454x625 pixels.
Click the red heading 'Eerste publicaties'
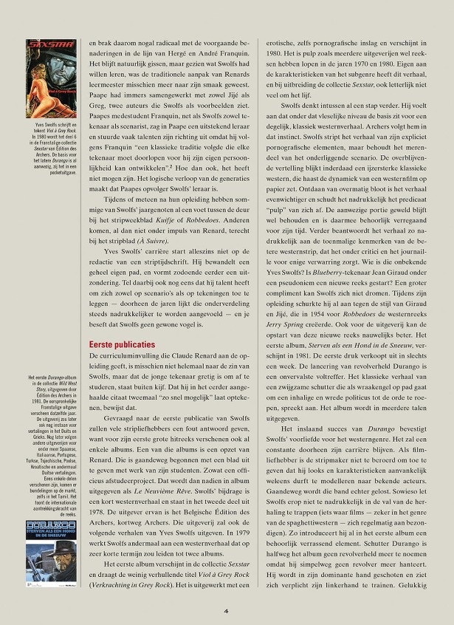122,344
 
